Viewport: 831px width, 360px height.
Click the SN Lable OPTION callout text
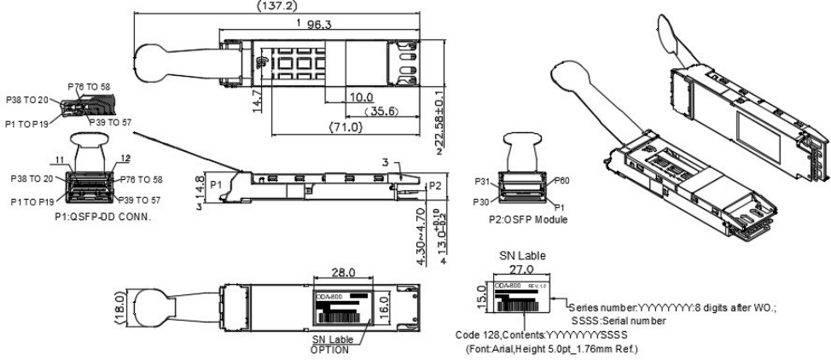click(x=338, y=344)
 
